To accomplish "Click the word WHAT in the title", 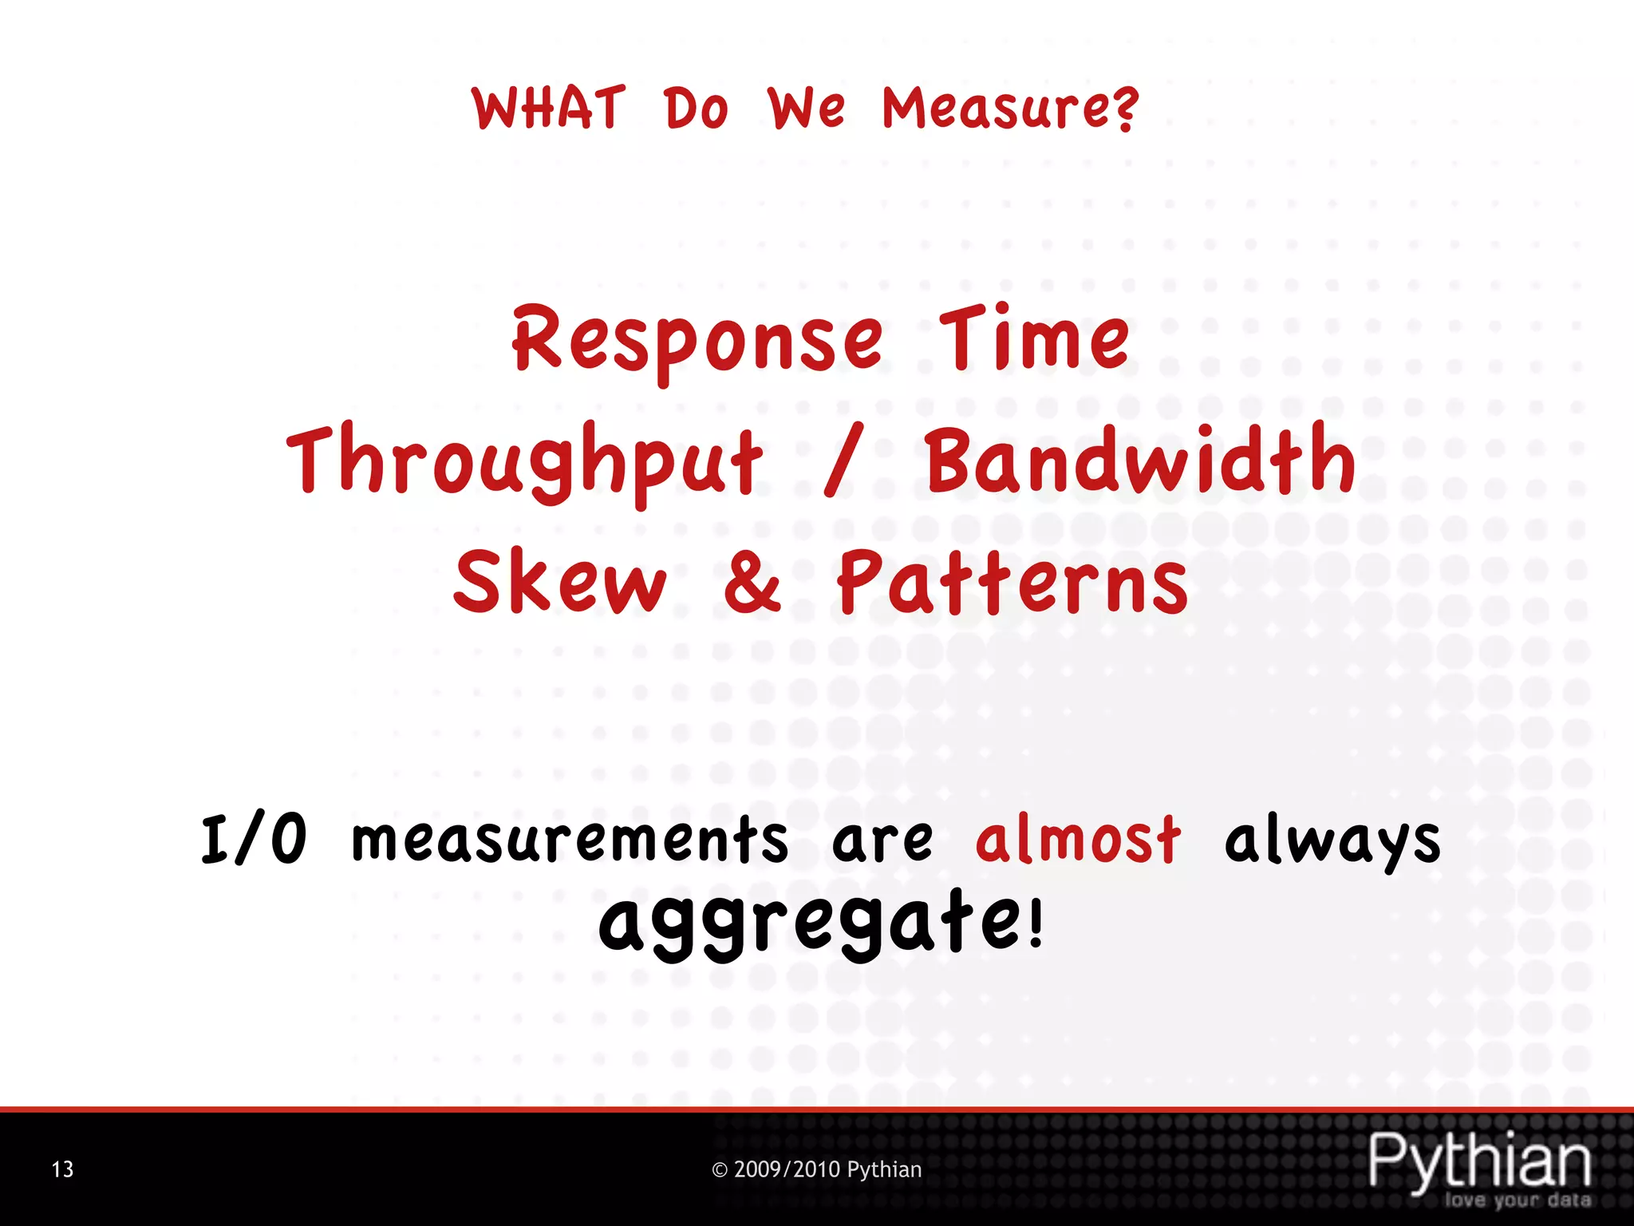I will (548, 109).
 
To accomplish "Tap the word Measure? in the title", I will (1010, 110).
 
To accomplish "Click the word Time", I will (1035, 339).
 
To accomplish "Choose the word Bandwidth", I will (1141, 460).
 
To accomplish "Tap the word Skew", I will (560, 582).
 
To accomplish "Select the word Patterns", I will (1012, 582).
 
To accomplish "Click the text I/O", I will (254, 840).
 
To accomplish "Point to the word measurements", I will (570, 840).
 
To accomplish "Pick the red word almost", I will (1078, 840).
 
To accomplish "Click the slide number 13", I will (62, 1170).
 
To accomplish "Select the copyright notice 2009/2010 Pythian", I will (816, 1170).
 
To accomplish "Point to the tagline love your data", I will (1517, 1200).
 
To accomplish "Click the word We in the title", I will (806, 109).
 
